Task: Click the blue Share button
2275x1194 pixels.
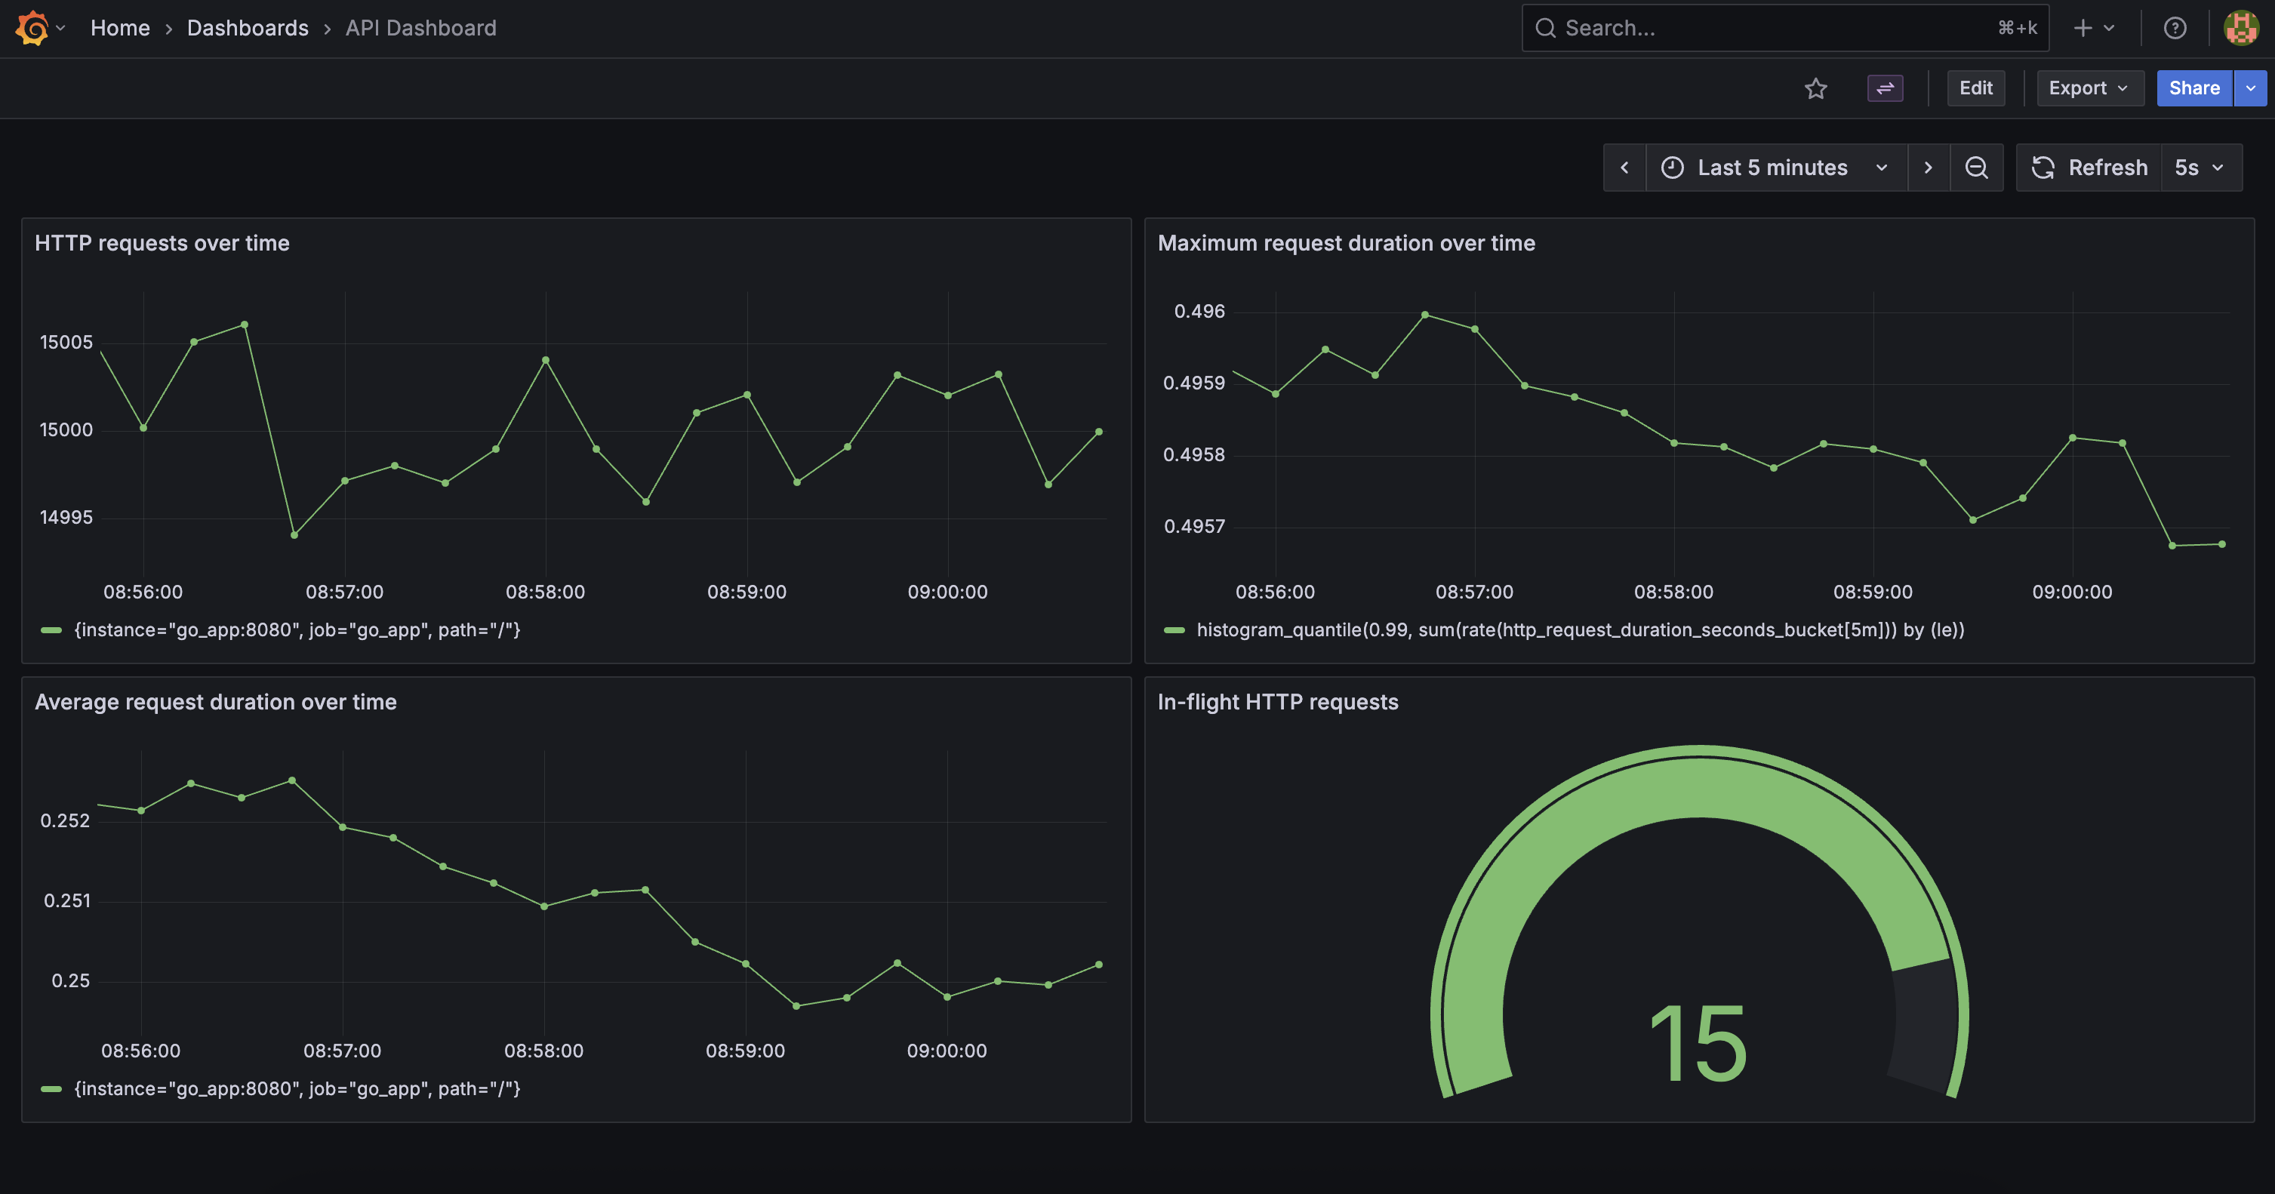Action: [2193, 88]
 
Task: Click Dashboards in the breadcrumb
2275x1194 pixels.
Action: [248, 28]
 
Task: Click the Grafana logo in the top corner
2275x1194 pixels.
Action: [32, 28]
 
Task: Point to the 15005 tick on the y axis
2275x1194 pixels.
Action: [66, 343]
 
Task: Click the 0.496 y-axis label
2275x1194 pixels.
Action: [1199, 312]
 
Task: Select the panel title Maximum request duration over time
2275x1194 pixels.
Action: [1346, 244]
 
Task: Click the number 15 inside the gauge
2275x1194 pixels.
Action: [1698, 1045]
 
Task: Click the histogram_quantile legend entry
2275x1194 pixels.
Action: [1579, 630]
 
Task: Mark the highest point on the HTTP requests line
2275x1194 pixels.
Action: [245, 325]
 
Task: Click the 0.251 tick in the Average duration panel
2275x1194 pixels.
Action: [67, 901]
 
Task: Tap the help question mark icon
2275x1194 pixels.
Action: [2175, 28]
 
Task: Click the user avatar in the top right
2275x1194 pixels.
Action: [2240, 28]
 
